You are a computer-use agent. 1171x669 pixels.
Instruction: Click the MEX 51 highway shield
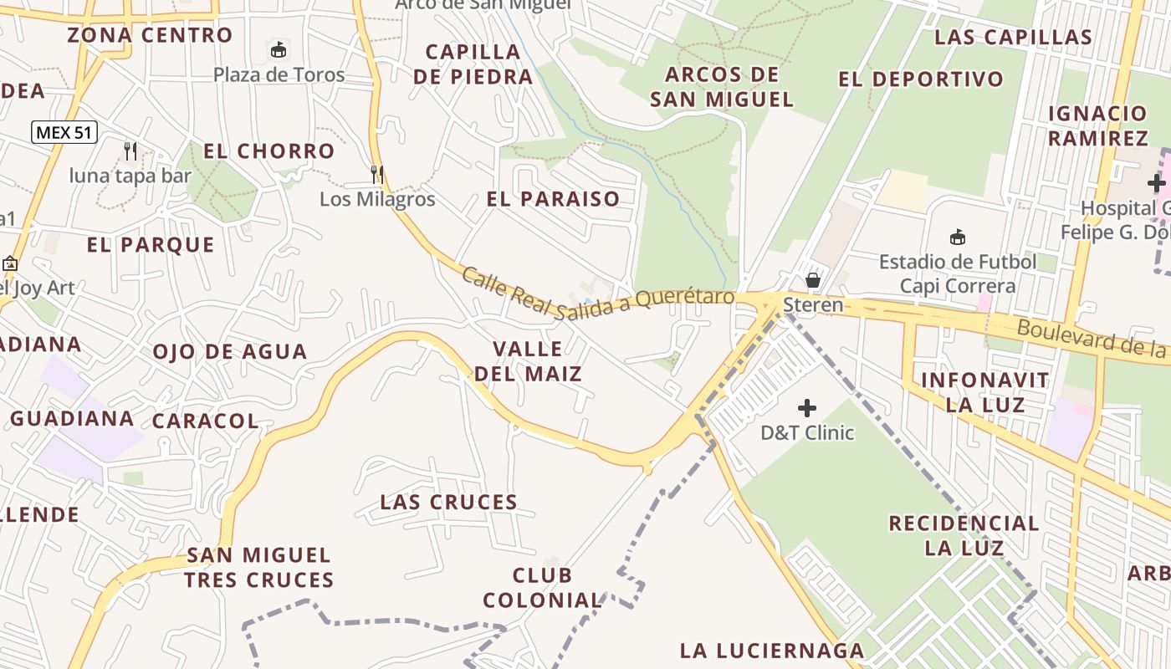click(65, 132)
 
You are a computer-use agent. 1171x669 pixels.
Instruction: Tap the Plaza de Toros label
click(279, 75)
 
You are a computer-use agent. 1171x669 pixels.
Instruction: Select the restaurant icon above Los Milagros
click(377, 174)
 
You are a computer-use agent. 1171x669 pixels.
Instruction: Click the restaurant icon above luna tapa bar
click(130, 151)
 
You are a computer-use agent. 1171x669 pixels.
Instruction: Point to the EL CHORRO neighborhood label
click(269, 151)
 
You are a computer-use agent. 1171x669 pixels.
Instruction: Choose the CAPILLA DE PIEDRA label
click(473, 64)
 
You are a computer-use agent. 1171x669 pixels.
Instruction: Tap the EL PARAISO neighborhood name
click(553, 199)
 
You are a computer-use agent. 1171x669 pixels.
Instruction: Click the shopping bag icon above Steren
click(812, 279)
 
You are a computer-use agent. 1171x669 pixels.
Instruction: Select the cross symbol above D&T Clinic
click(807, 408)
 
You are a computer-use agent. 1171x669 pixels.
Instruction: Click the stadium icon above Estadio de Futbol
click(958, 237)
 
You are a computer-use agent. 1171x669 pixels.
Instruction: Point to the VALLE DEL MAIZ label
click(528, 361)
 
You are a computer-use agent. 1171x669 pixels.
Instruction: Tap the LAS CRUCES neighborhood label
click(449, 503)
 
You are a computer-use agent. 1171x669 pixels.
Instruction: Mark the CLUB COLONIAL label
click(542, 588)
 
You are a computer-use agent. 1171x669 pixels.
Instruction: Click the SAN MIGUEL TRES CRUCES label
click(258, 567)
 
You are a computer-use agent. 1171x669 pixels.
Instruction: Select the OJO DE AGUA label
click(230, 351)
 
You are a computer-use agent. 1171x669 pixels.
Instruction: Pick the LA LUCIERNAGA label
click(772, 651)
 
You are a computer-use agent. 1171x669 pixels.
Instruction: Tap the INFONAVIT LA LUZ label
click(984, 392)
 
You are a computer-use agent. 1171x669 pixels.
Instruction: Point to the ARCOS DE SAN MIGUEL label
click(721, 87)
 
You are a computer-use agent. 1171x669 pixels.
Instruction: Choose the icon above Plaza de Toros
click(279, 50)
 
